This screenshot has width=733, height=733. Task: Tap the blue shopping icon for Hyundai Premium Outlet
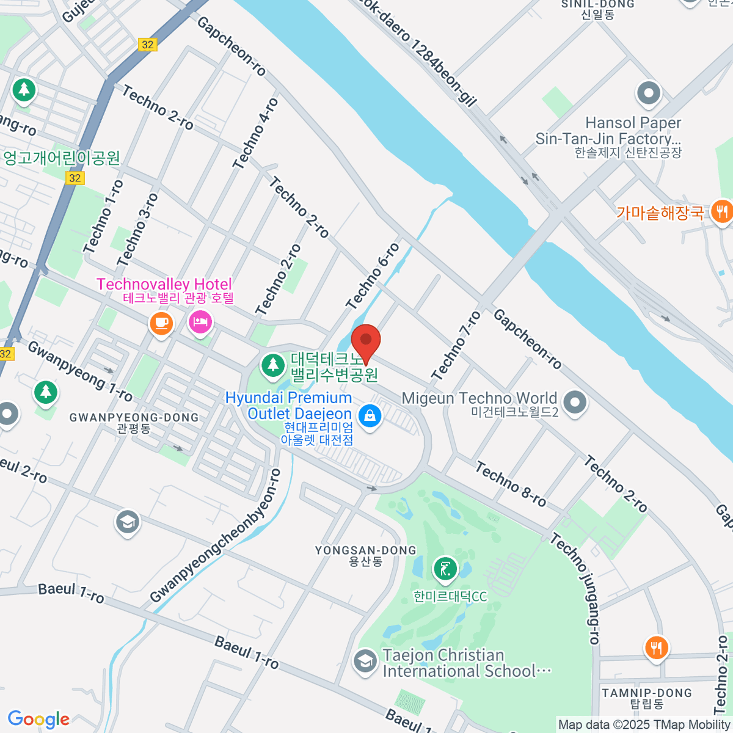click(369, 417)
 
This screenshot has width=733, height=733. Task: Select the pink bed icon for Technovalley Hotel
click(200, 321)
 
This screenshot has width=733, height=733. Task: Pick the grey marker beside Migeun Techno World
click(575, 403)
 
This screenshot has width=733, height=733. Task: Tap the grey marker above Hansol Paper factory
click(649, 94)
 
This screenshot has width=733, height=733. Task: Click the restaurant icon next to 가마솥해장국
click(722, 212)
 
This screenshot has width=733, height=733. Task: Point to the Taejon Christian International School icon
click(365, 662)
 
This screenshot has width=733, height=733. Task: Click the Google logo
click(38, 719)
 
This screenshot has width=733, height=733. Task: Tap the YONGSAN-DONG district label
click(365, 555)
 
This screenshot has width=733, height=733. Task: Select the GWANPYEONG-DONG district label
click(134, 423)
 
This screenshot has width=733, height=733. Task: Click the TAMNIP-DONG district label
click(647, 698)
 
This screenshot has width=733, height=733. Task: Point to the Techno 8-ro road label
click(511, 485)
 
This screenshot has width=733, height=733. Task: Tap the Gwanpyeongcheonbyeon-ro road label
click(216, 536)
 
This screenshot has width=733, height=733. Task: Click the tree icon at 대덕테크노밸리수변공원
click(272, 366)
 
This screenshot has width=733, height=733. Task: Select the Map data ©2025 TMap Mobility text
click(644, 724)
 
